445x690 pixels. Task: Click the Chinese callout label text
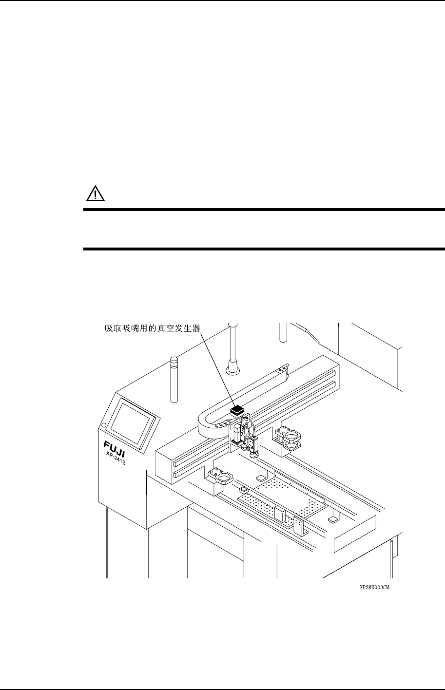coord(153,328)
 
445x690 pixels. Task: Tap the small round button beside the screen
coord(103,426)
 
